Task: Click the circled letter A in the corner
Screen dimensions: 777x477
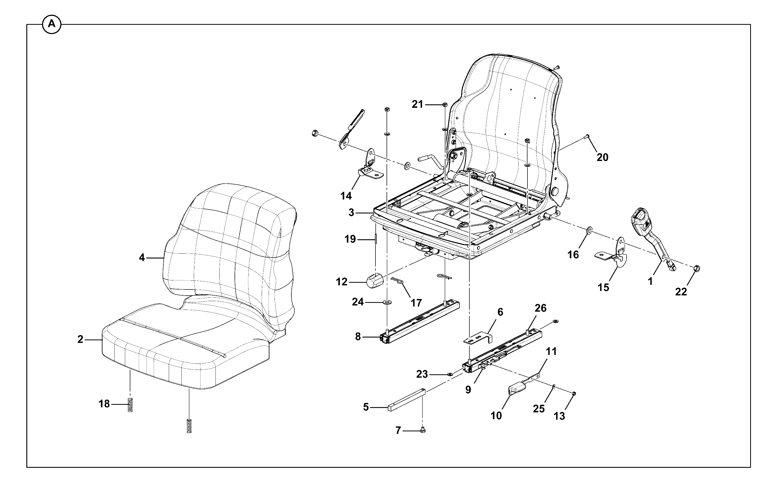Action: pos(51,24)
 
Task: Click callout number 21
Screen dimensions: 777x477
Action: pos(417,104)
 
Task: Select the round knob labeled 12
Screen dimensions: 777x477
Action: pos(374,280)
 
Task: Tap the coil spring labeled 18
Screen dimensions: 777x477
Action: pos(130,405)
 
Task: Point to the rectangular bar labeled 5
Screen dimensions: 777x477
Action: pos(406,400)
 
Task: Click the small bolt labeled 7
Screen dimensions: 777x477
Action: pos(423,430)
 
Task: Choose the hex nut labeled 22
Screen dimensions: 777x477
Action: pos(698,269)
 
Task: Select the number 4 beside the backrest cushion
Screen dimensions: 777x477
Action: pos(142,258)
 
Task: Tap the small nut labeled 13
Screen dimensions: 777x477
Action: pos(574,393)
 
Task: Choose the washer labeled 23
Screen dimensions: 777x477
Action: pos(450,374)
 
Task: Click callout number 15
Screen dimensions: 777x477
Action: pos(603,287)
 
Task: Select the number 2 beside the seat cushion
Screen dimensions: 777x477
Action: pos(80,339)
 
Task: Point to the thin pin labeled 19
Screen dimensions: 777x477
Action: pos(376,239)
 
